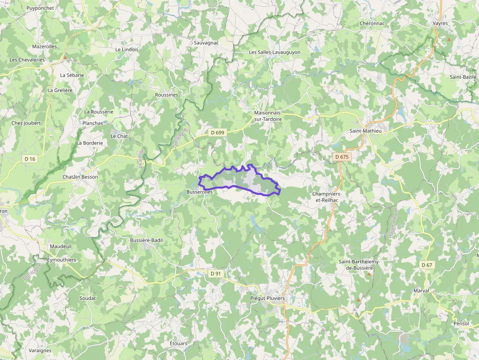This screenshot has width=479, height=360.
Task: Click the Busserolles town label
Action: pyautogui.click(x=199, y=193)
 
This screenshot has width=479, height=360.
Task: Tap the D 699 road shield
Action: pyautogui.click(x=218, y=132)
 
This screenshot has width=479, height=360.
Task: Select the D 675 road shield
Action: pyautogui.click(x=342, y=157)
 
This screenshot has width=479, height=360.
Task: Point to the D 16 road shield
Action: pyautogui.click(x=30, y=159)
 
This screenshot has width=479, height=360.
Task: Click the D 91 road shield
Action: pyautogui.click(x=216, y=274)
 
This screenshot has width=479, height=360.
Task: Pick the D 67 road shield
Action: pyautogui.click(x=427, y=265)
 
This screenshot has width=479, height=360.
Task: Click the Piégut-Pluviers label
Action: pyautogui.click(x=267, y=298)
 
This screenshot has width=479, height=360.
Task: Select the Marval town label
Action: pyautogui.click(x=421, y=291)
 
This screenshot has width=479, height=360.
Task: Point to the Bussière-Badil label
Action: pyautogui.click(x=146, y=240)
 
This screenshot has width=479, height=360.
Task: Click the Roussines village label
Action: pyautogui.click(x=166, y=95)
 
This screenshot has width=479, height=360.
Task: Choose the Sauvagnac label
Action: pyautogui.click(x=206, y=43)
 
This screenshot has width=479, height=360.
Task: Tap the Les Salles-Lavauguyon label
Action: pyautogui.click(x=274, y=52)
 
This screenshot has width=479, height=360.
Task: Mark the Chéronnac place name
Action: pyautogui.click(x=372, y=23)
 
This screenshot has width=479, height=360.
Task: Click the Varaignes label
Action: pyautogui.click(x=40, y=350)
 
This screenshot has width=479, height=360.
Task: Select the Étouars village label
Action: pyautogui.click(x=178, y=343)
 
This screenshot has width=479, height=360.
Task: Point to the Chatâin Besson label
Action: pyautogui.click(x=80, y=177)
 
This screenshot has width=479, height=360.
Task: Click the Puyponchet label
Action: pyautogui.click(x=40, y=8)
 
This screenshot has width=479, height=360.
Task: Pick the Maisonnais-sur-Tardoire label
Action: pyautogui.click(x=268, y=116)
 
